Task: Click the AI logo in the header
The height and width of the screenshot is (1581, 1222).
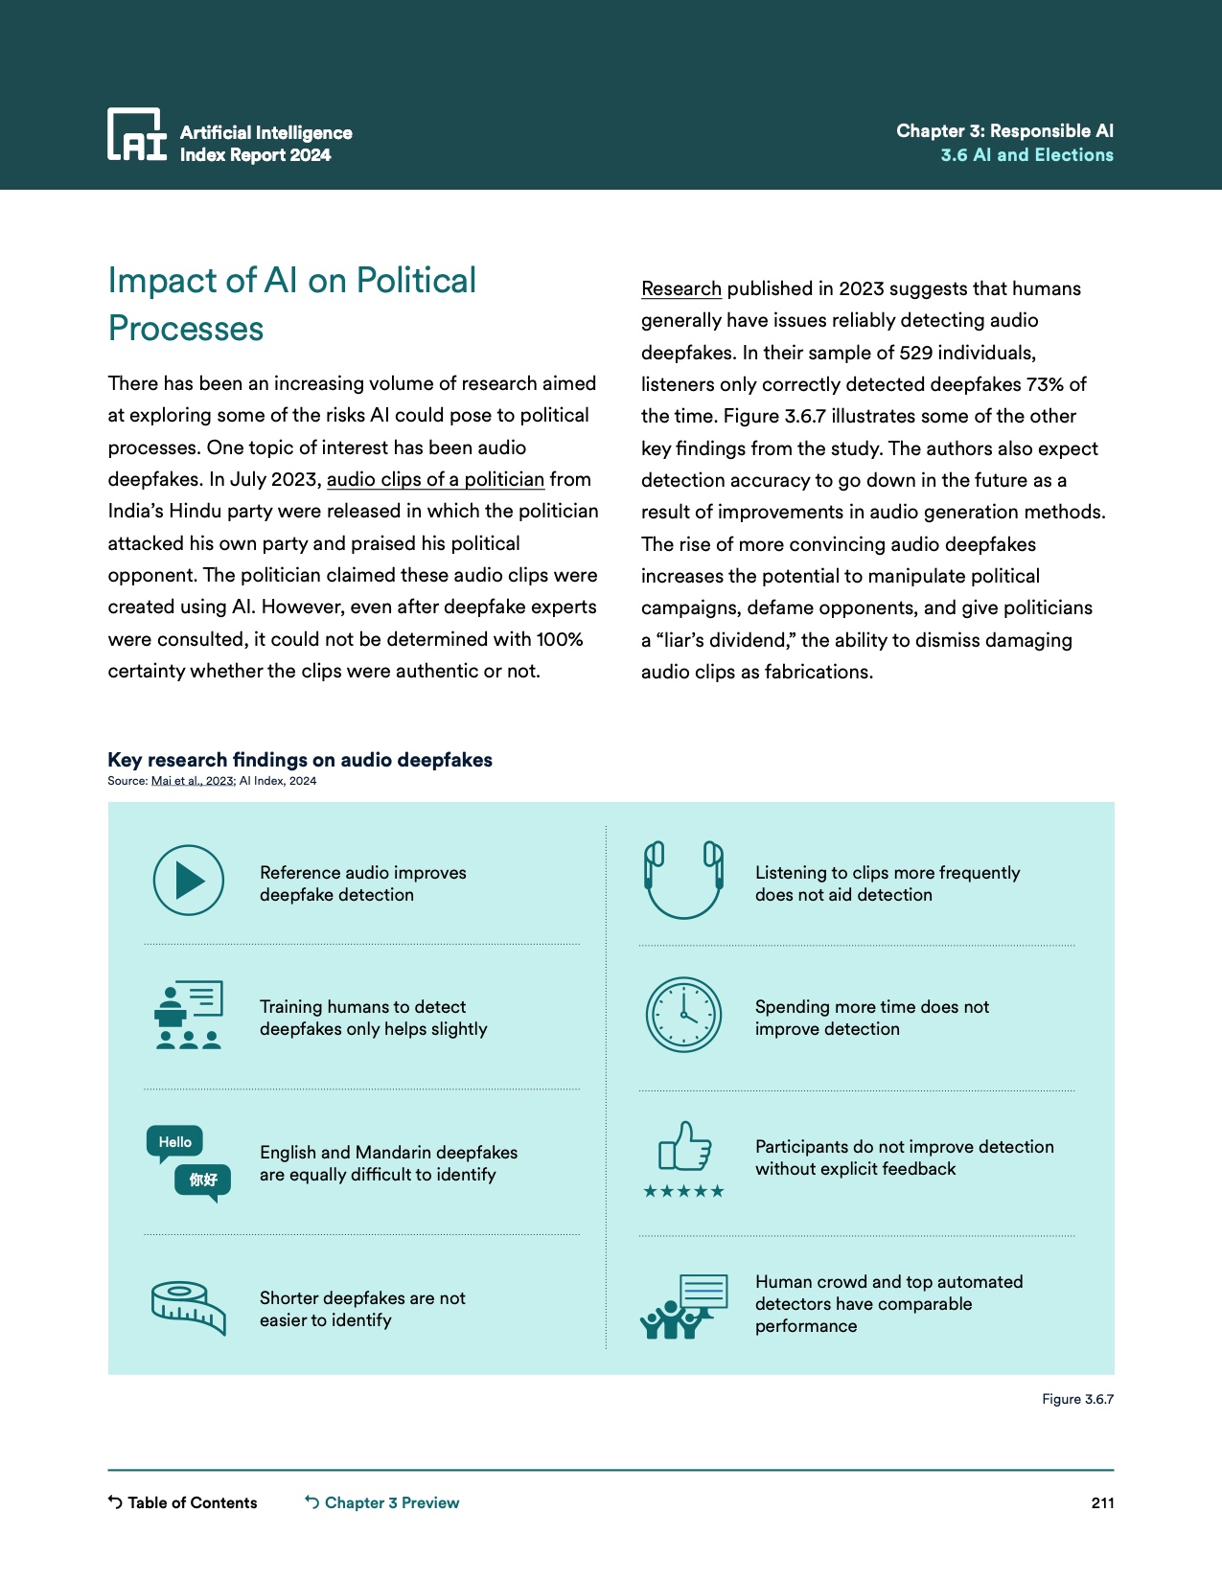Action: (137, 134)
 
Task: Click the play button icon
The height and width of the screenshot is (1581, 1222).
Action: (189, 881)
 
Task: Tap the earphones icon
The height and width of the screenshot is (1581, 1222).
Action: (683, 880)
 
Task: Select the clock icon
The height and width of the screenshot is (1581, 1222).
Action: (683, 1015)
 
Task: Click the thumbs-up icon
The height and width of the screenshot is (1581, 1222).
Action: (684, 1147)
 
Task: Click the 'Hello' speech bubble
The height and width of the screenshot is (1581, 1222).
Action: (174, 1142)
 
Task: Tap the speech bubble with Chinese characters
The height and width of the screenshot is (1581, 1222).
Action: (202, 1180)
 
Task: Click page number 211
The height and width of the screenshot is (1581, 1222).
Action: (1102, 1502)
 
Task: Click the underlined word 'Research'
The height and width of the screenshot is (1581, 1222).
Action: (681, 288)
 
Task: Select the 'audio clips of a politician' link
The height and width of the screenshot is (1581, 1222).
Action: (435, 479)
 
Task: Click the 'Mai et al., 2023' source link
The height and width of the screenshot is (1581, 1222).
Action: (193, 781)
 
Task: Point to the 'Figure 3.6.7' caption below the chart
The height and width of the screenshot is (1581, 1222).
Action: (1077, 1399)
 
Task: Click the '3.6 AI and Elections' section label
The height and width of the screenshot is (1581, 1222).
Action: (1026, 155)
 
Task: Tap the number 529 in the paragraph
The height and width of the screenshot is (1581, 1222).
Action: (915, 353)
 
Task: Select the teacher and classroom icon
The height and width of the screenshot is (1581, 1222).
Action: (189, 1015)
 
